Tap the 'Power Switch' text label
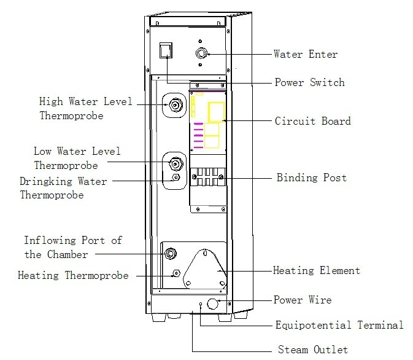coord(309,82)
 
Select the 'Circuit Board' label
coord(313,121)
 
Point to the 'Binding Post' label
coord(311,178)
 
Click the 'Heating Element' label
coord(316,270)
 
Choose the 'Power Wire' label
coord(303,300)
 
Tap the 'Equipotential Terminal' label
coord(339,325)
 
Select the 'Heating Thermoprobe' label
coord(74,276)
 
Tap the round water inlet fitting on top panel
coord(201,54)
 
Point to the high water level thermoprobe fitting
coord(175,105)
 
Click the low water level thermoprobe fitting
coord(175,164)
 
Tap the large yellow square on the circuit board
coord(216,112)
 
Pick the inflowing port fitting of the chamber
coord(171,252)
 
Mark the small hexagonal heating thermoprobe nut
coord(176,273)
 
